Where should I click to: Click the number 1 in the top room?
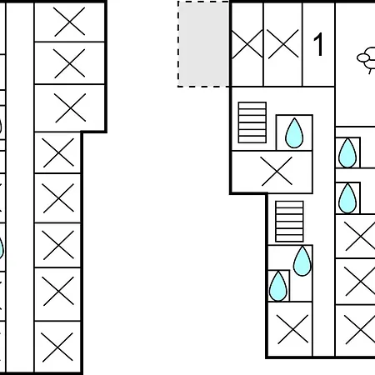click(x=318, y=44)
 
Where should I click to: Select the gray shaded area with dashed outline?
click(x=203, y=44)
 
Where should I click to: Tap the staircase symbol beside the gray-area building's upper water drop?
click(x=252, y=122)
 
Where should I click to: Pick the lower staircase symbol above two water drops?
click(x=289, y=222)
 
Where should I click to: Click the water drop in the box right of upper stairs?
click(x=294, y=132)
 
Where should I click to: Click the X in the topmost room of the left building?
click(x=69, y=22)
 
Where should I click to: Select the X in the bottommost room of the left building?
click(x=57, y=347)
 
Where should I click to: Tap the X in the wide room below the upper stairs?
click(x=277, y=171)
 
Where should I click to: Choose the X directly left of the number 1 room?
click(x=283, y=44)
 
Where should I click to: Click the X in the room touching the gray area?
click(x=247, y=44)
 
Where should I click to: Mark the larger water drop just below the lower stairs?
click(x=302, y=261)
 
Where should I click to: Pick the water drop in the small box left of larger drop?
click(x=278, y=286)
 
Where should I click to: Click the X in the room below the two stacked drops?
click(x=292, y=329)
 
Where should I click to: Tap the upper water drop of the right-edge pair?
click(x=347, y=152)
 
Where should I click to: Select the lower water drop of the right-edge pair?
click(x=347, y=198)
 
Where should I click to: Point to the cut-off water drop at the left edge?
click(x=2, y=248)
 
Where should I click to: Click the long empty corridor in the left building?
click(x=20, y=187)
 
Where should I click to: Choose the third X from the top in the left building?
click(x=70, y=107)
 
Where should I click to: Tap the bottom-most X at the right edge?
click(x=360, y=329)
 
